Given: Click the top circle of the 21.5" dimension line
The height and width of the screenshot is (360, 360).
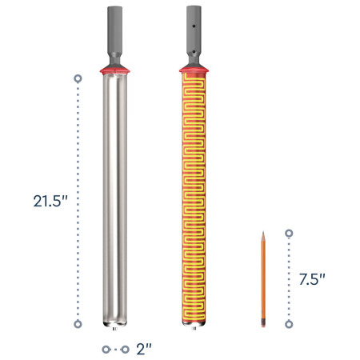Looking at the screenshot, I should (78, 79).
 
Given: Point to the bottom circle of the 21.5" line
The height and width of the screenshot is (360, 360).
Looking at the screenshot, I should (78, 324).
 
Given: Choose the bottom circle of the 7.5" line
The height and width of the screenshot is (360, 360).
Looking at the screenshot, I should (290, 324).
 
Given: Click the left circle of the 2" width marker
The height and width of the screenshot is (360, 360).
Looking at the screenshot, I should (105, 350).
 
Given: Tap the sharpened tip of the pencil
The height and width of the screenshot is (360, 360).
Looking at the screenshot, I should (262, 234).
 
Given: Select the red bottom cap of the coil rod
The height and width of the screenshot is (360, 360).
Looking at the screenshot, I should (194, 324).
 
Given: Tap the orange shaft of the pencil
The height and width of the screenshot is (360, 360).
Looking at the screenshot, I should (262, 280).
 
